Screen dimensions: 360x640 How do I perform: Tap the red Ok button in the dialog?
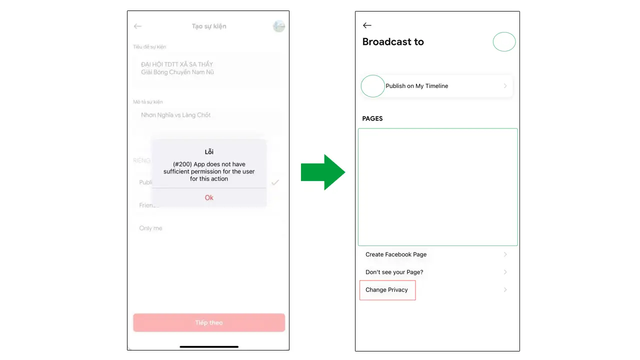click(209, 197)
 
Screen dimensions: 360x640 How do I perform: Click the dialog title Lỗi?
click(209, 151)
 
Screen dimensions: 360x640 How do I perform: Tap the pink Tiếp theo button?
click(209, 322)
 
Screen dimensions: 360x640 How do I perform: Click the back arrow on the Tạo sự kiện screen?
click(138, 26)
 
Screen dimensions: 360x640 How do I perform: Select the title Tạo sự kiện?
click(209, 26)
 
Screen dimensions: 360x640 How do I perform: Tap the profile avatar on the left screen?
click(278, 26)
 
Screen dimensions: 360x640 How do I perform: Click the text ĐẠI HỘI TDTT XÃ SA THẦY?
click(177, 64)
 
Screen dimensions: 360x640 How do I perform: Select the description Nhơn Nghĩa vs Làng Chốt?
click(175, 115)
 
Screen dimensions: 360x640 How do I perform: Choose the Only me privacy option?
click(150, 228)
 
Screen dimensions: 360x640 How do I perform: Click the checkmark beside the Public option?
click(275, 182)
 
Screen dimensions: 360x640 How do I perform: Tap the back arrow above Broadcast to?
click(367, 25)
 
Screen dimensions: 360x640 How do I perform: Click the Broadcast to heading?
click(393, 42)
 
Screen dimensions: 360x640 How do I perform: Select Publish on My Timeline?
click(416, 86)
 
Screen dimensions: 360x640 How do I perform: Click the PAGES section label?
click(372, 118)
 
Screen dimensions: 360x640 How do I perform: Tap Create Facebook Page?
click(396, 254)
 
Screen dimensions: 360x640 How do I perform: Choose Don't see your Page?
click(394, 272)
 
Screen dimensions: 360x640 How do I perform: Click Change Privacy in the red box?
click(386, 290)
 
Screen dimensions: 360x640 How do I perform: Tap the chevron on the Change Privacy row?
click(505, 290)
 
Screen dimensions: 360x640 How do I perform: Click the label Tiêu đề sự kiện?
click(149, 47)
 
